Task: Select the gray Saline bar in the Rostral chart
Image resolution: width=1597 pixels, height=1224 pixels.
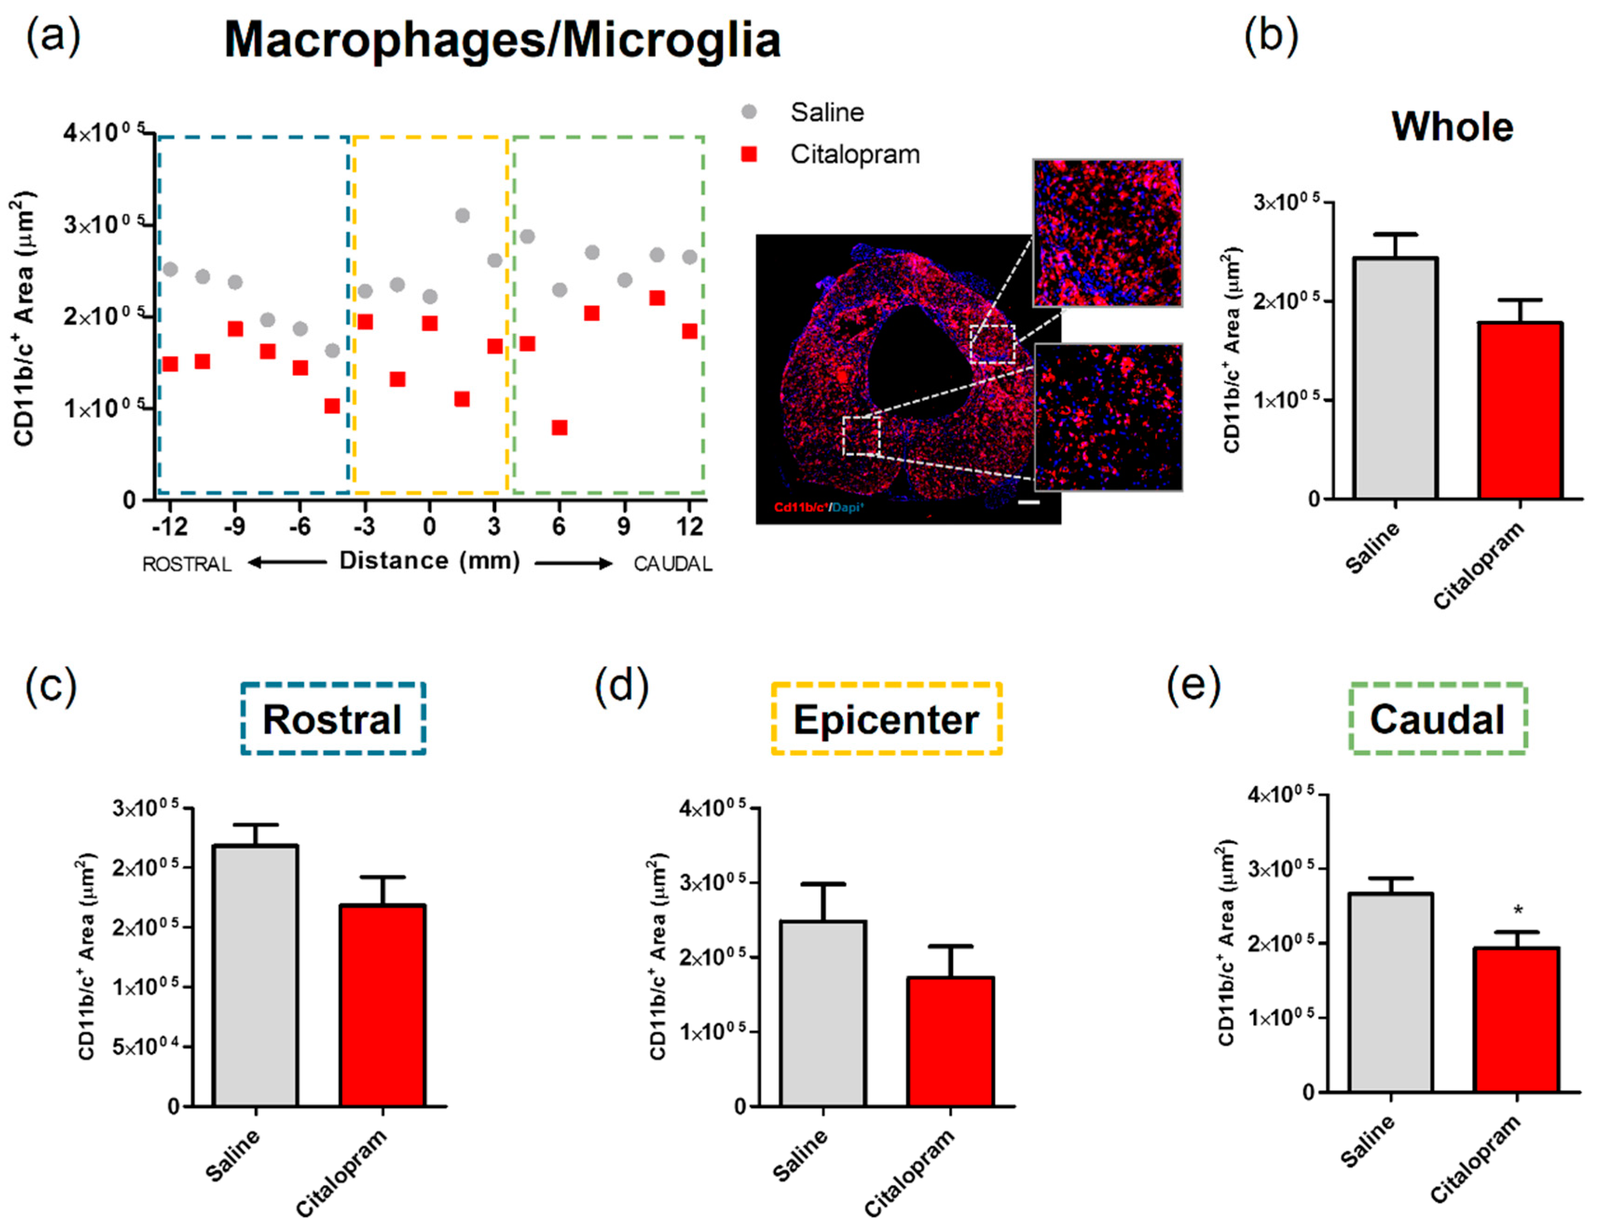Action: tap(256, 976)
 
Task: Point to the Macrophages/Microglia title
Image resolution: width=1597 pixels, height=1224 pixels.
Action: tap(502, 40)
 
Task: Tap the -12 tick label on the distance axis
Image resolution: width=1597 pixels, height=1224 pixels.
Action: tap(169, 526)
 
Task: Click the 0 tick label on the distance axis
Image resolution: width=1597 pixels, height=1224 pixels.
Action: tap(429, 526)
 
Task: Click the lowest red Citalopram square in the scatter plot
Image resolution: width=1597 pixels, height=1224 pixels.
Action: tap(559, 428)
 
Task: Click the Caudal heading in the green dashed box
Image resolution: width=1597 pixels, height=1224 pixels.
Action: tap(1437, 720)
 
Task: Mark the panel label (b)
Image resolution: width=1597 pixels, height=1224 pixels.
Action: tap(1270, 36)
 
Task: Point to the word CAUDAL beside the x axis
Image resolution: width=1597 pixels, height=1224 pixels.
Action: tap(672, 564)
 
